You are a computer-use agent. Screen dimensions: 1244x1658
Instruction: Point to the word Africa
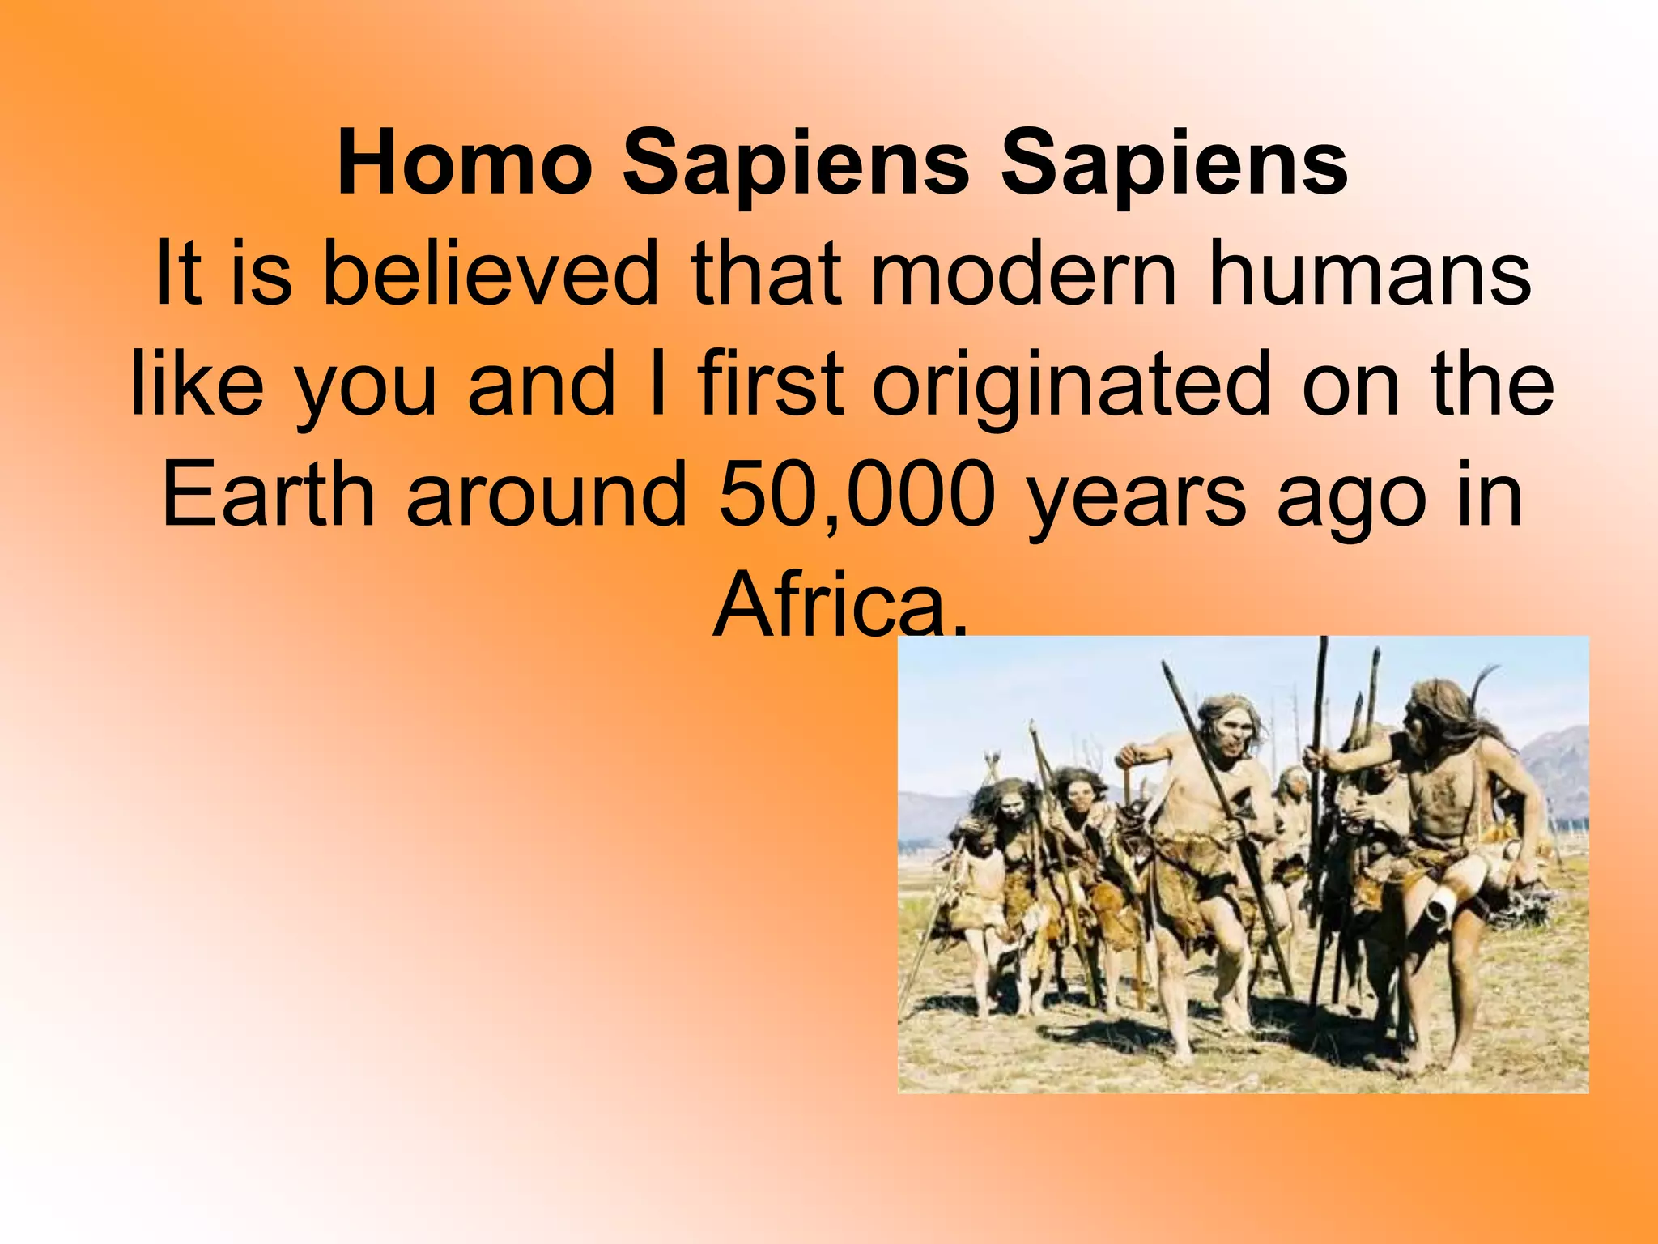pyautogui.click(x=839, y=604)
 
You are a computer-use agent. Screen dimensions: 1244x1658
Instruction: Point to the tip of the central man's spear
pyautogui.click(x=1167, y=669)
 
